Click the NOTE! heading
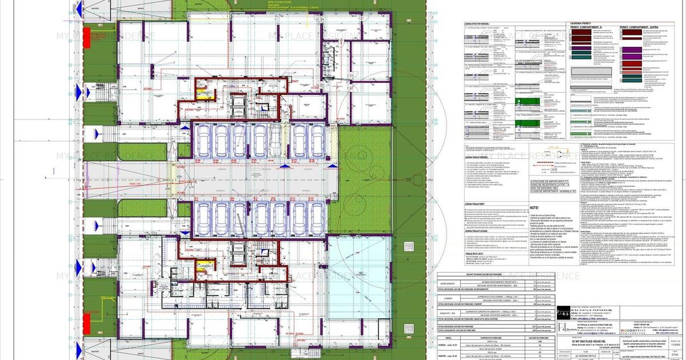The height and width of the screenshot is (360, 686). click(535, 209)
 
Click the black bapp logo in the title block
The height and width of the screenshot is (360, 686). click(563, 313)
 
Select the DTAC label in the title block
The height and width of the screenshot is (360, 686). click(675, 355)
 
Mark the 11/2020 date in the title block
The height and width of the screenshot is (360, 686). click(675, 345)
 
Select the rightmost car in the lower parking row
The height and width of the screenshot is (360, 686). click(315, 214)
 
